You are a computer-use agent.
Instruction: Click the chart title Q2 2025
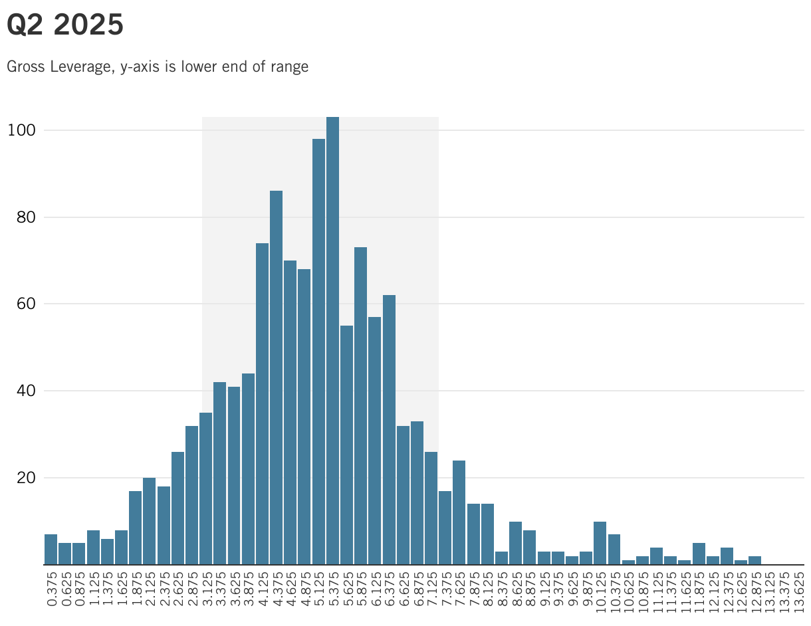[x=65, y=25]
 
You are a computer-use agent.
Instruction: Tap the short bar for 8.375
[x=501, y=558]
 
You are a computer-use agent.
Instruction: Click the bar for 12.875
[x=754, y=560]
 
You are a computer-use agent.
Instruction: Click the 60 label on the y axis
[x=22, y=304]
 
